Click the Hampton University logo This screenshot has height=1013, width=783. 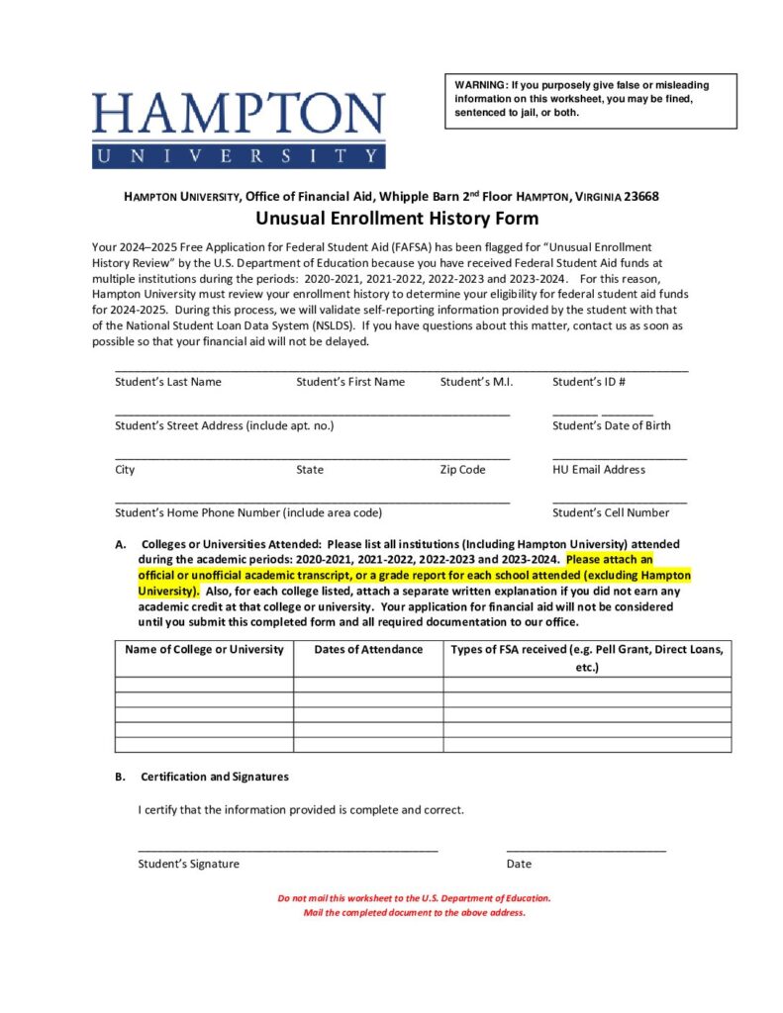(239, 129)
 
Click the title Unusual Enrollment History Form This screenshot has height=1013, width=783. (398, 219)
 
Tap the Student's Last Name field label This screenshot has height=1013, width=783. (168, 382)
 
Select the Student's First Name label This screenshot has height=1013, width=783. (350, 382)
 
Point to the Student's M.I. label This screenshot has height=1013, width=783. (476, 382)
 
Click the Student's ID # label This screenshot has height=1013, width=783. (588, 382)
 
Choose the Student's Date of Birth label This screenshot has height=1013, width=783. (611, 425)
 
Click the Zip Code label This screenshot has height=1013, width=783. (462, 469)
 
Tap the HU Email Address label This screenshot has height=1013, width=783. (598, 469)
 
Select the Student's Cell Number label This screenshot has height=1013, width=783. (610, 512)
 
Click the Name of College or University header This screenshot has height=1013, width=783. (204, 650)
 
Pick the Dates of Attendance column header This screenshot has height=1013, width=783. (368, 650)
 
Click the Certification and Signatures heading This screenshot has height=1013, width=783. (215, 777)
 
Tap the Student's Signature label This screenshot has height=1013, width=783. (188, 864)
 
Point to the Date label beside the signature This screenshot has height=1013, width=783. (519, 864)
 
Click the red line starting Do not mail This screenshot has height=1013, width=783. (414, 898)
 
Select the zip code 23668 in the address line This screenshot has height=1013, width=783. (639, 197)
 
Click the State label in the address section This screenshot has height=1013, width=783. (310, 469)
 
